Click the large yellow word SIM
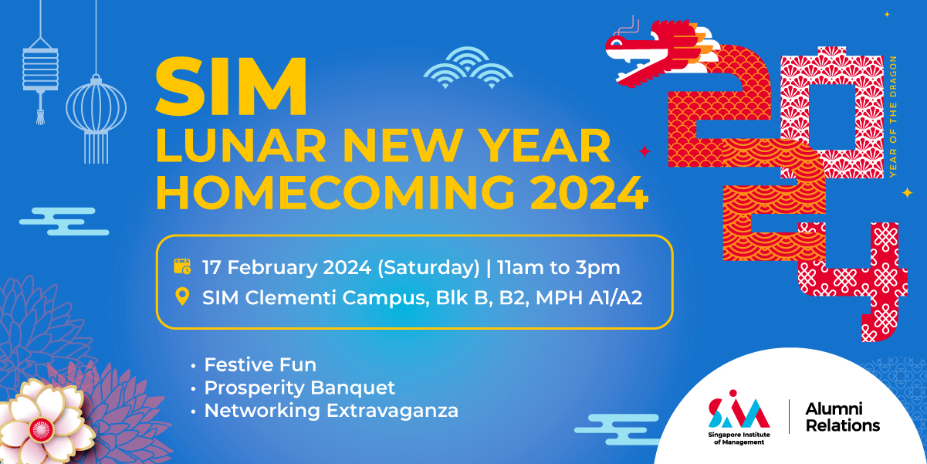[x=232, y=86]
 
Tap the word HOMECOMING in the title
[x=335, y=193]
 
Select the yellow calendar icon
[x=182, y=266]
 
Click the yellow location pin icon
[x=182, y=296]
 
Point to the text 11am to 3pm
[x=558, y=267]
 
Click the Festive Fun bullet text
[x=260, y=364]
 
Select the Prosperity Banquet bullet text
[x=299, y=388]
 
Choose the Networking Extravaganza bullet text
[x=331, y=411]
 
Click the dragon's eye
[x=616, y=42]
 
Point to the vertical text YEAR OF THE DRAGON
[x=893, y=117]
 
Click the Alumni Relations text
[x=843, y=417]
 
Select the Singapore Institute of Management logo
[x=739, y=417]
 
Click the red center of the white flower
[x=41, y=429]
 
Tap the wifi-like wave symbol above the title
[x=468, y=67]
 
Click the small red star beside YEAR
[x=645, y=151]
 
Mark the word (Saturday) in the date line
[x=428, y=268]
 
